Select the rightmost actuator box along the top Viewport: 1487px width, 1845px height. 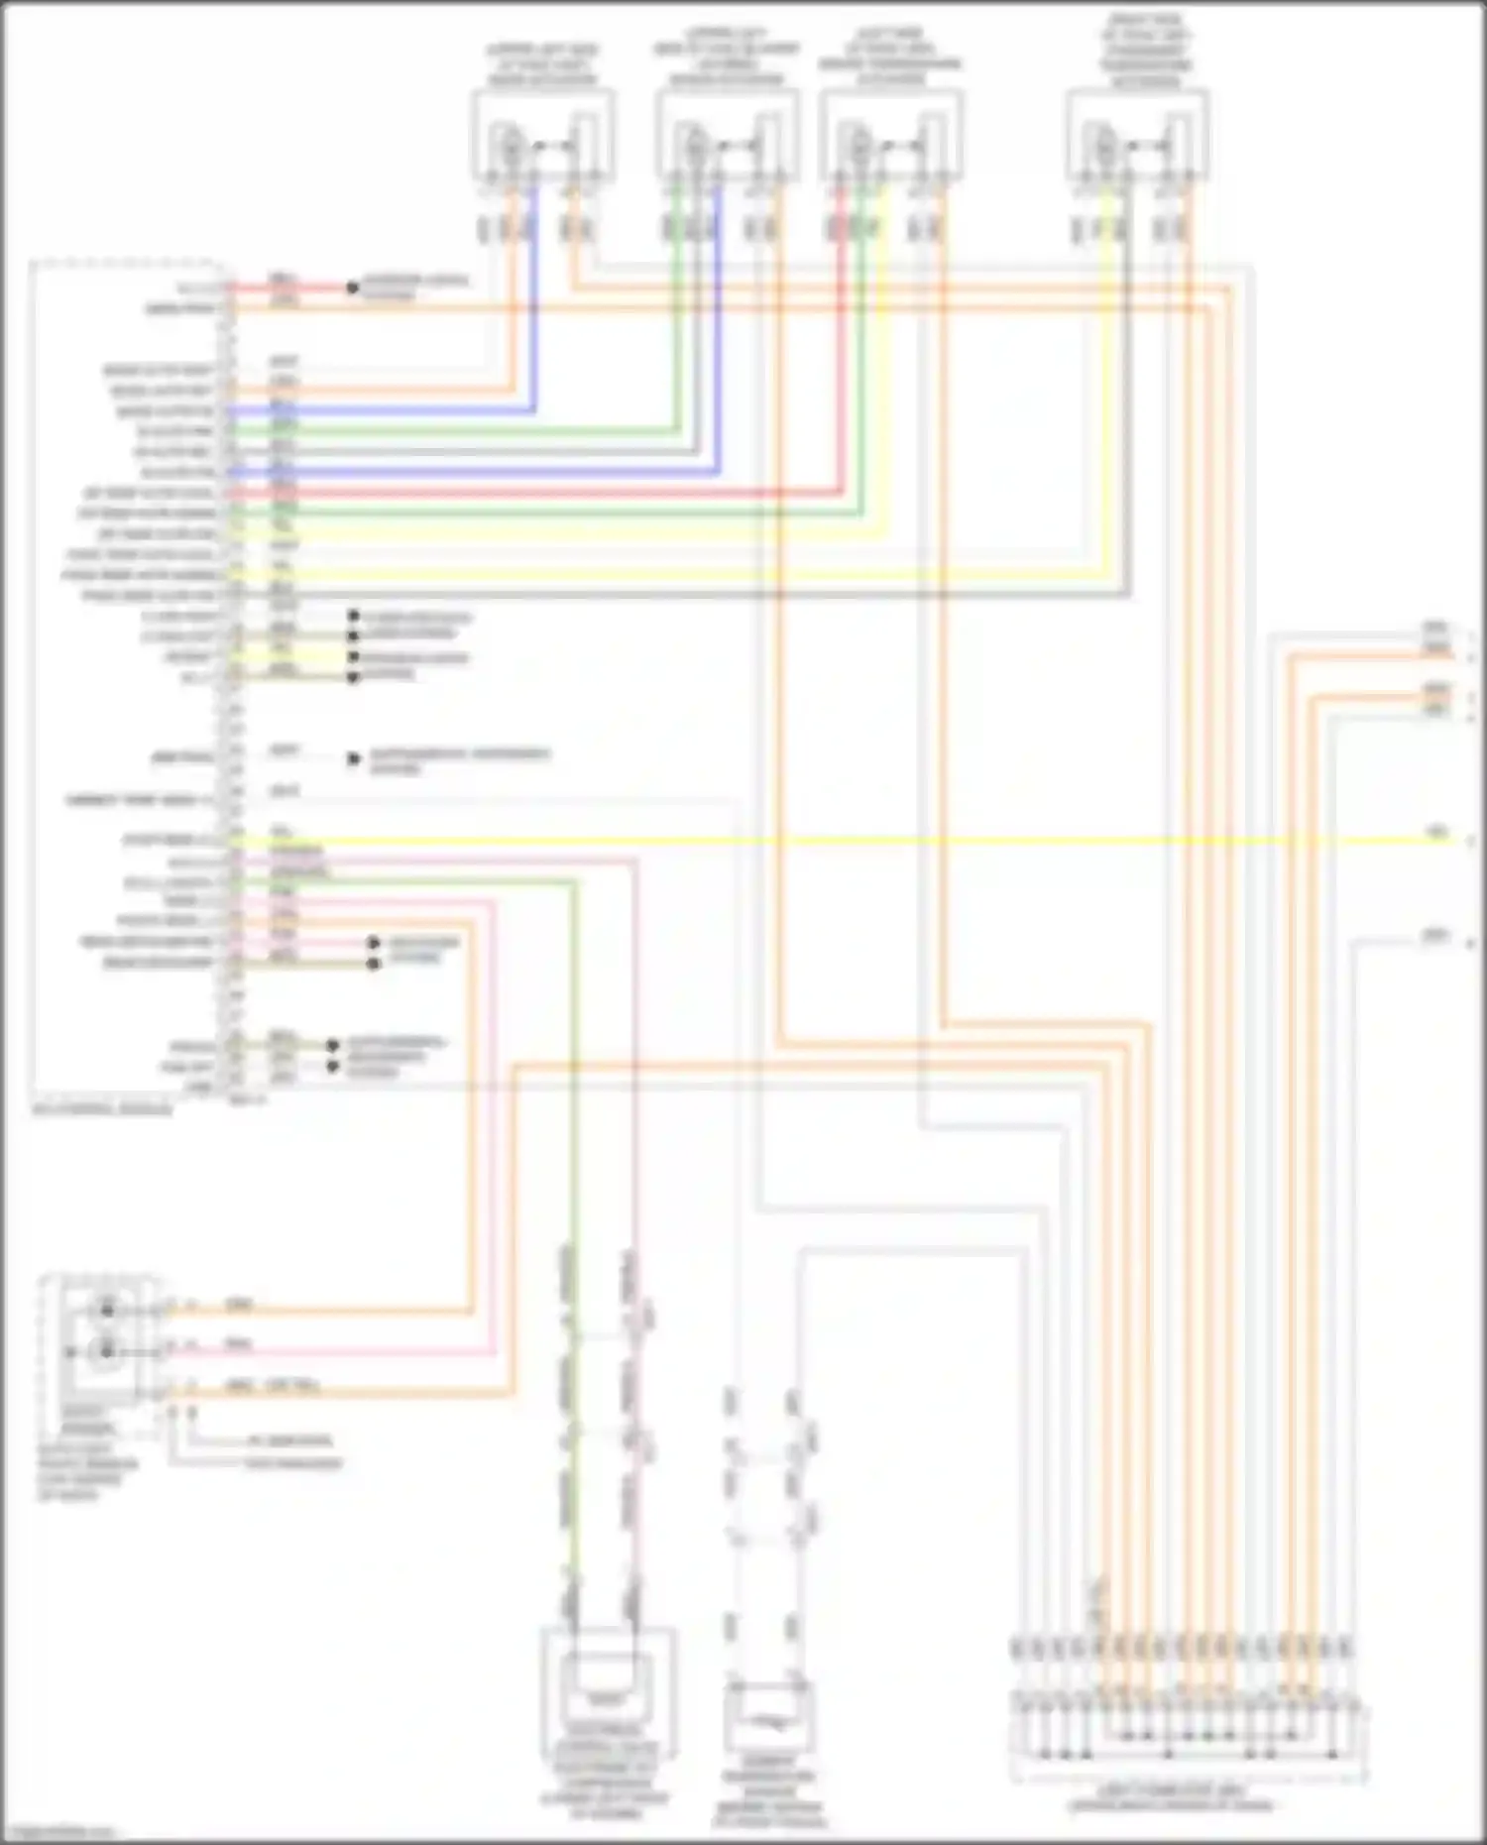1137,136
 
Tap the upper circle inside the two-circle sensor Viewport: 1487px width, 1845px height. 106,1310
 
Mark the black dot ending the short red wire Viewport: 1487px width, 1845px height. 352,288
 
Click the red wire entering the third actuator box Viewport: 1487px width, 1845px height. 843,347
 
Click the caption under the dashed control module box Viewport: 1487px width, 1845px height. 102,1109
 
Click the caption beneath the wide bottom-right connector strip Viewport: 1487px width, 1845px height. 1170,1798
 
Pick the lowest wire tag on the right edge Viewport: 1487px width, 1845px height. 1435,937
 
